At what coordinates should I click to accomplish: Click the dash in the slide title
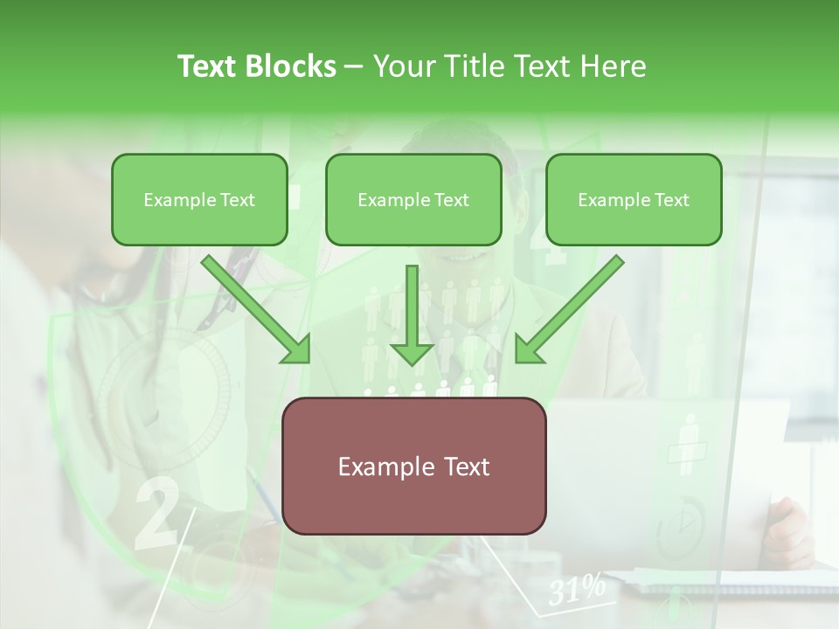click(354, 67)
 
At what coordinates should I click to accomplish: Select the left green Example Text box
click(199, 199)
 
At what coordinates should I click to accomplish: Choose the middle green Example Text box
click(413, 199)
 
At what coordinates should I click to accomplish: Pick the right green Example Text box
click(634, 199)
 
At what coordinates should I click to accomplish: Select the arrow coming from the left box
click(257, 310)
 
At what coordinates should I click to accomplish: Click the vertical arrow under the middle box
click(412, 315)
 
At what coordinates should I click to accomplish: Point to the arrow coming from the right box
click(569, 310)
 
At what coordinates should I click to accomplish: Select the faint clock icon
click(681, 523)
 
